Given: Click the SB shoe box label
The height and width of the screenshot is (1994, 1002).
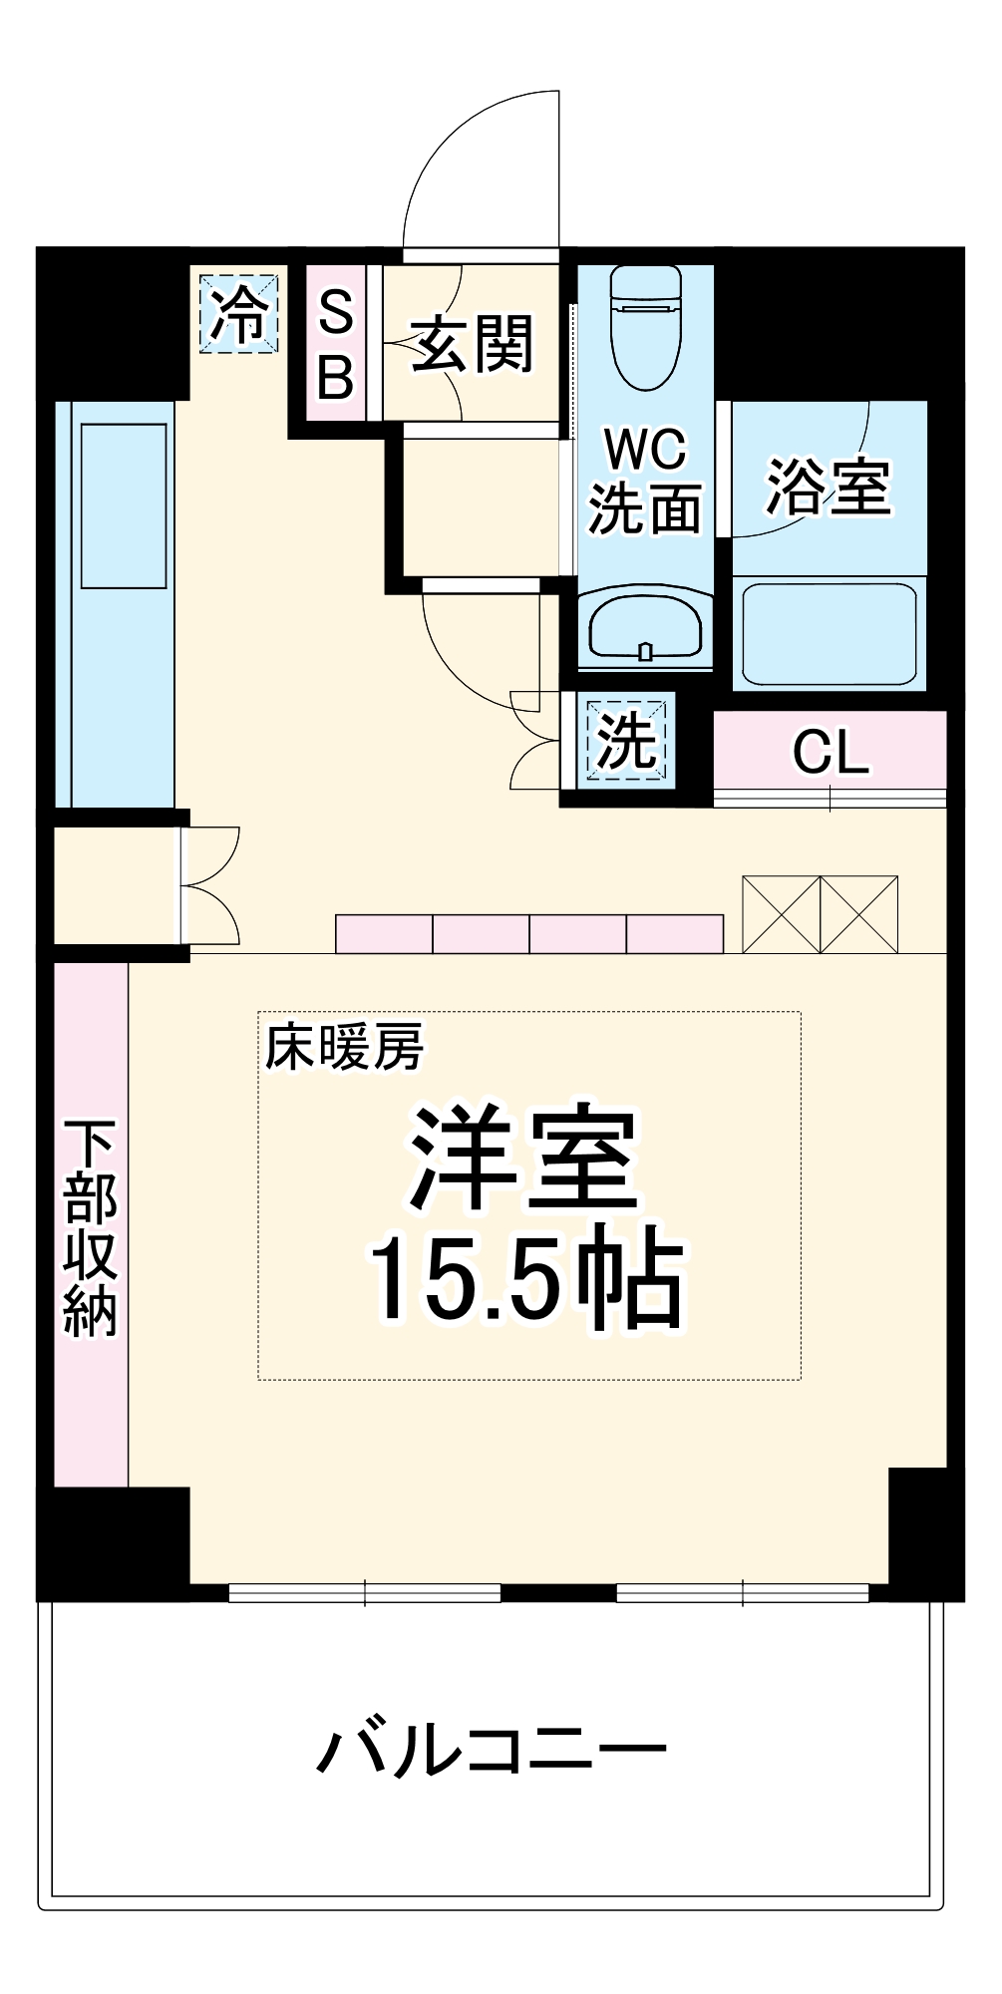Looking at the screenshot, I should coord(336,345).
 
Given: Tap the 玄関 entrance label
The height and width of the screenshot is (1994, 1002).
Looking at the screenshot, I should coord(472,345).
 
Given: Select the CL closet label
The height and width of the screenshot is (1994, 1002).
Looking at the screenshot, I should coord(831,752).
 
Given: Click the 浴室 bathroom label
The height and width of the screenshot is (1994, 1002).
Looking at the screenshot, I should coord(828,488).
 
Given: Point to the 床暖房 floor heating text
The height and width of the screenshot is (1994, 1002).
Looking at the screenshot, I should coord(344,1048).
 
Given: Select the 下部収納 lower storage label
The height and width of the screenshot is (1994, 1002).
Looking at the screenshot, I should coord(90,1227).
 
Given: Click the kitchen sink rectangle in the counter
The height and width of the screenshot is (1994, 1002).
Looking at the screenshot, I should coord(124,505).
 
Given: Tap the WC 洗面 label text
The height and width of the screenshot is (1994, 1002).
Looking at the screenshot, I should coord(645,480).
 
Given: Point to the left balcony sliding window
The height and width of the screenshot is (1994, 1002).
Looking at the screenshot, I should coord(365,1593).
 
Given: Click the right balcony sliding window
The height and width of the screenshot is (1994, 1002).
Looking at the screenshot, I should coord(743,1593).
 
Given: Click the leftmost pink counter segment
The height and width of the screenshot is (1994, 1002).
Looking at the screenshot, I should coord(384,934).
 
